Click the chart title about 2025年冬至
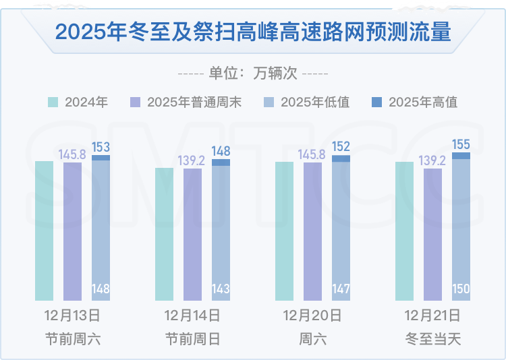click(x=253, y=32)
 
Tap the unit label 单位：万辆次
click(x=253, y=73)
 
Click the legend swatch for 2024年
click(x=53, y=102)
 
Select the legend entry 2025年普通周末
click(x=186, y=102)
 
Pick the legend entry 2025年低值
click(x=306, y=102)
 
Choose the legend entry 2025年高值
click(x=415, y=102)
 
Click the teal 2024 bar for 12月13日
click(x=45, y=231)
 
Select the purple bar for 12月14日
click(x=193, y=235)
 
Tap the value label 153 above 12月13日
click(x=101, y=147)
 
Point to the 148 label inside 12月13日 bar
click(x=101, y=289)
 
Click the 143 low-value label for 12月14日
click(x=221, y=289)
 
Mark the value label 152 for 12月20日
click(x=341, y=146)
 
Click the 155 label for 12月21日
click(x=461, y=144)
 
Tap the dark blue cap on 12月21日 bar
click(x=461, y=156)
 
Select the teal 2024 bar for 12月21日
click(x=404, y=231)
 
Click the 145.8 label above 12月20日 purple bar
click(x=312, y=154)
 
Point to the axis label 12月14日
click(x=192, y=316)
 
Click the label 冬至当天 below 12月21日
click(x=432, y=339)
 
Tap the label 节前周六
click(x=73, y=339)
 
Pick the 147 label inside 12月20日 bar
click(x=341, y=289)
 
